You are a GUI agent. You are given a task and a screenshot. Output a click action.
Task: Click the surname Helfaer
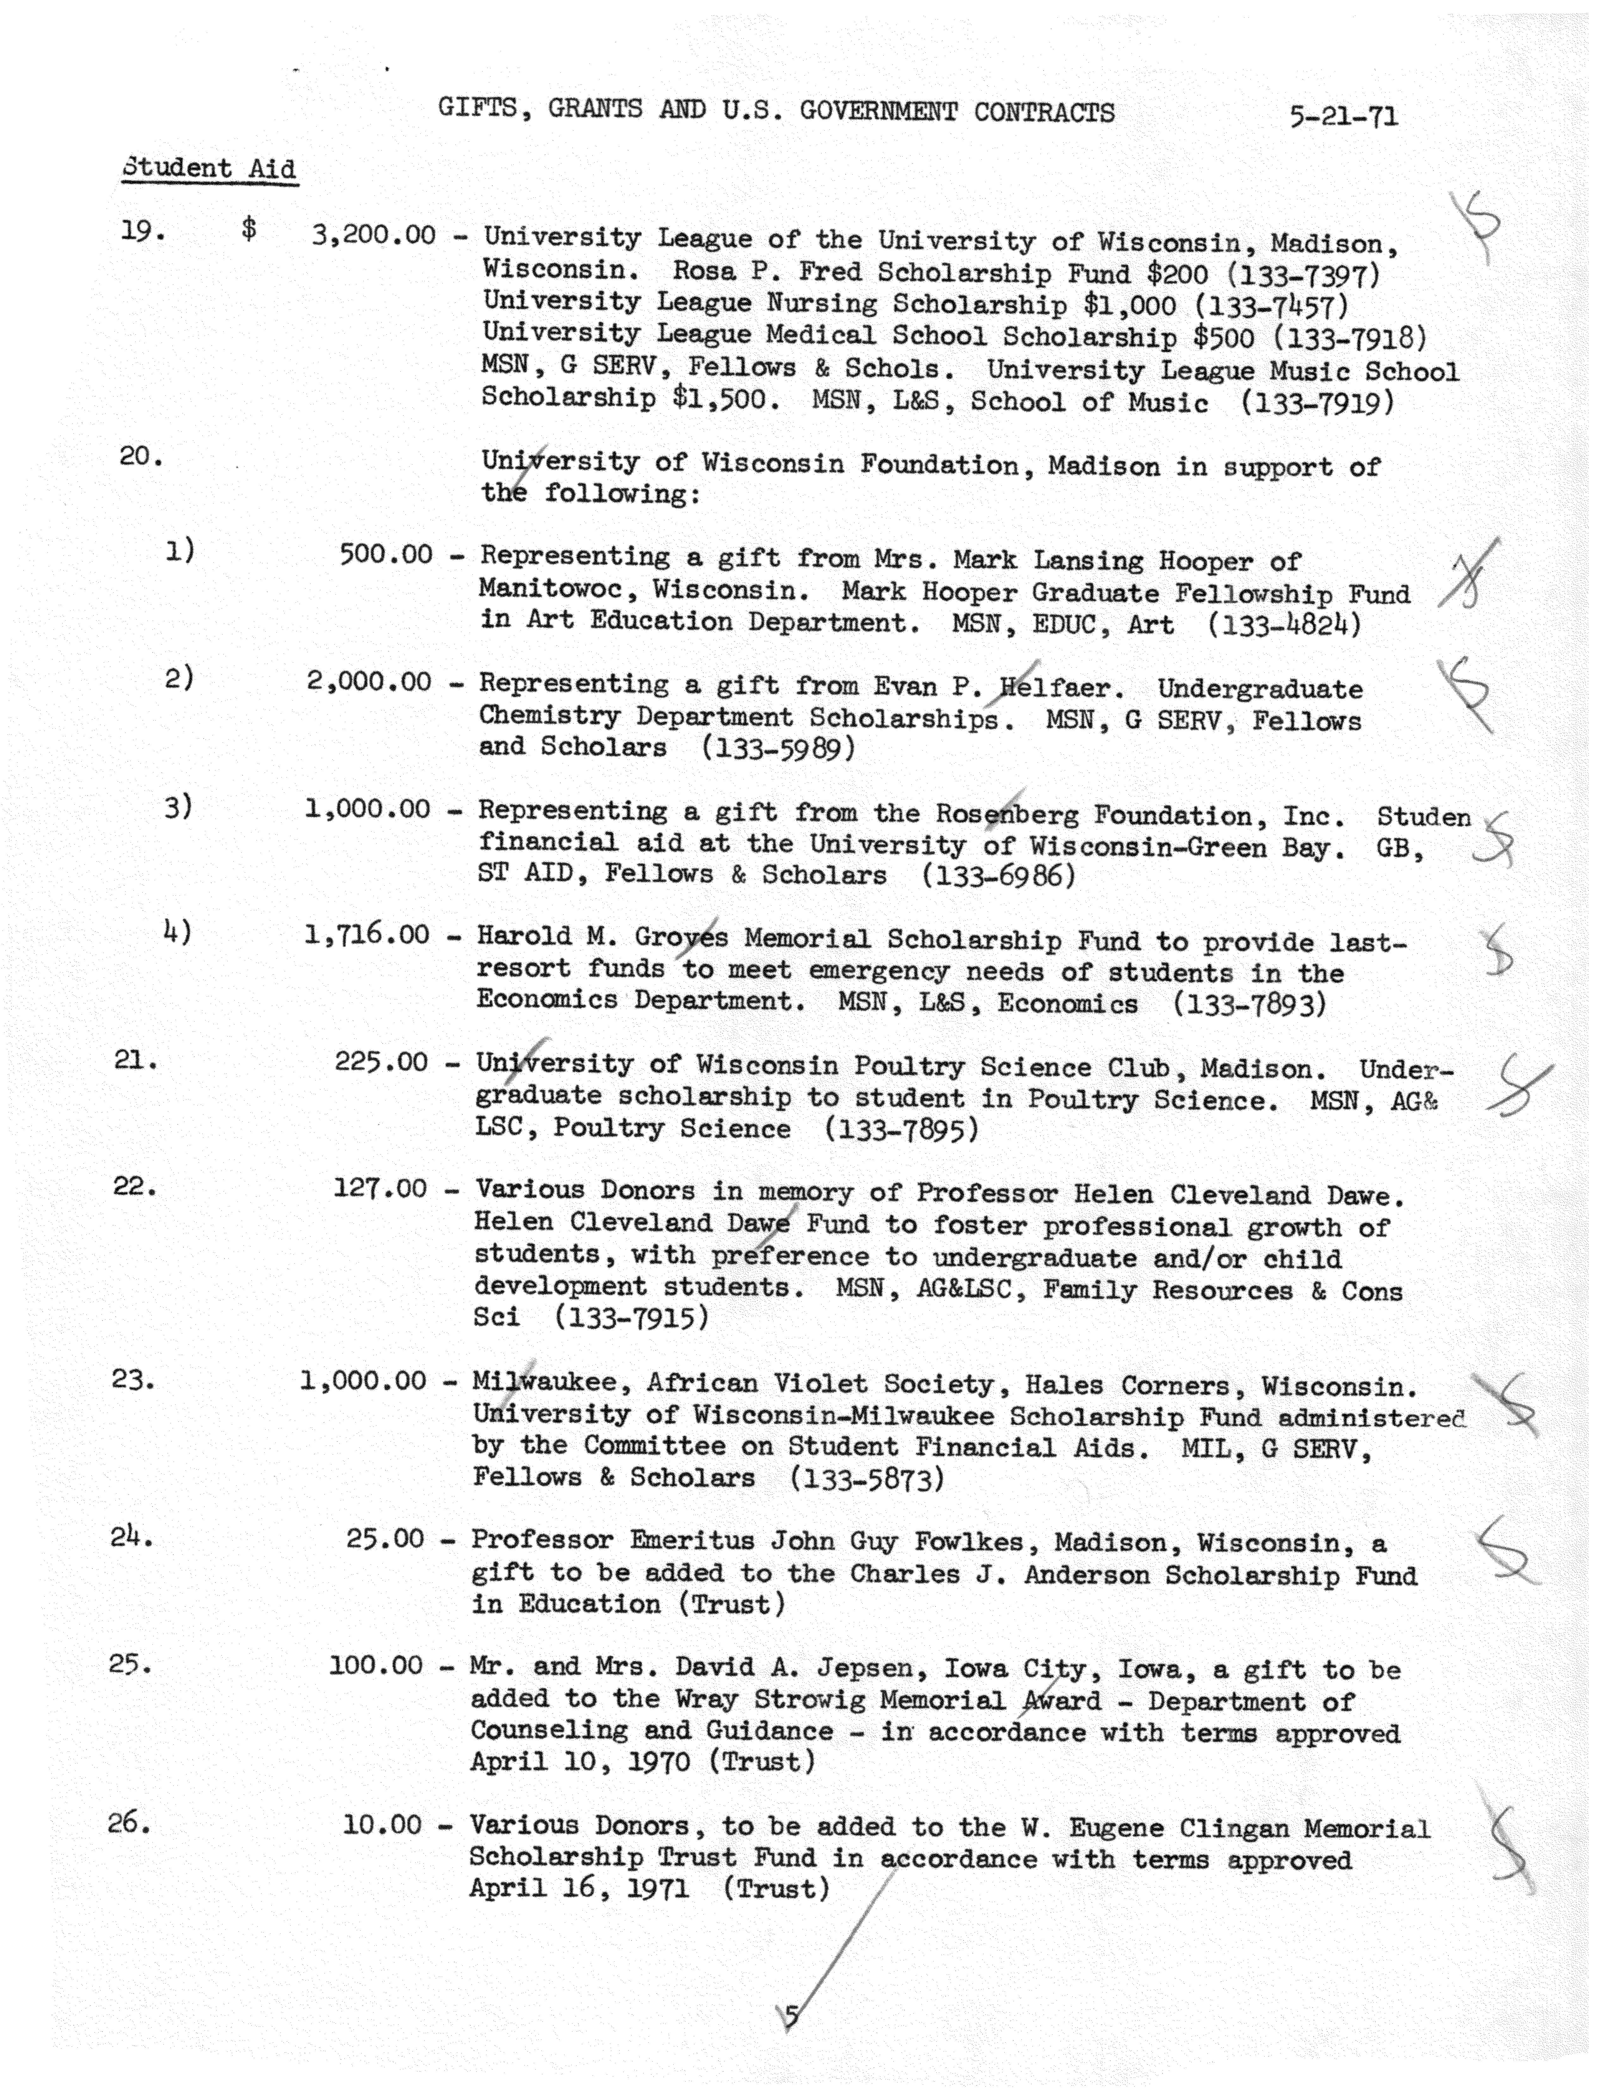click(x=1054, y=688)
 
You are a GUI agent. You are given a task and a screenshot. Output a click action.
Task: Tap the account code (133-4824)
click(x=1283, y=625)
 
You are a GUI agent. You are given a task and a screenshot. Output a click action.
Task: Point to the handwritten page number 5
click(x=791, y=2016)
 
